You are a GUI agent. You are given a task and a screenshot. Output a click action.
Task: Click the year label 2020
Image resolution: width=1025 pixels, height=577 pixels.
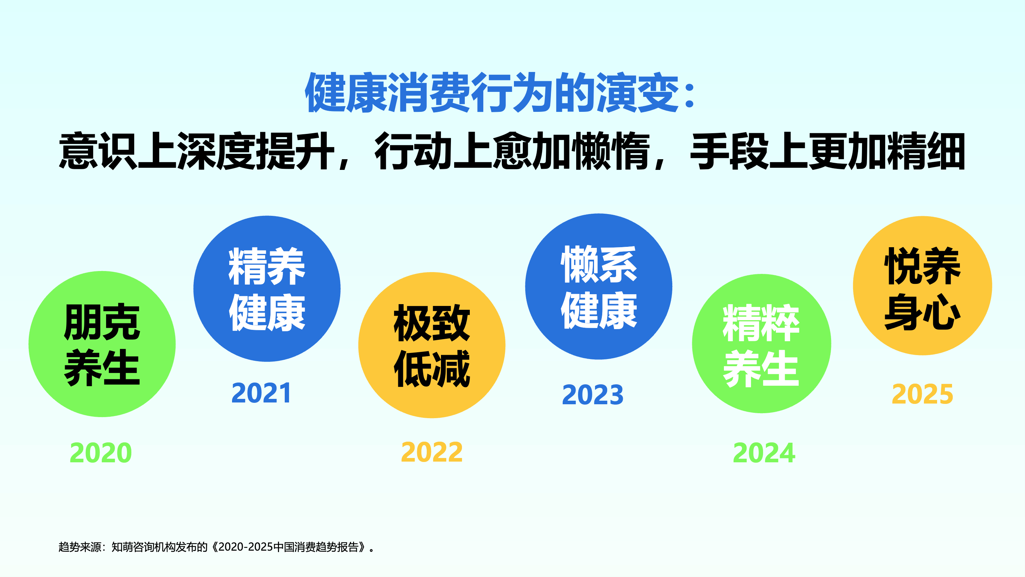(101, 453)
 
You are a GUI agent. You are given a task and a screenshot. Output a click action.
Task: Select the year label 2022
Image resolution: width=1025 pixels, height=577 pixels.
(432, 452)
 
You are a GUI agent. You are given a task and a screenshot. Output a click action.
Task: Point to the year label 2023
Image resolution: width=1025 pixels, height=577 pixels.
(593, 395)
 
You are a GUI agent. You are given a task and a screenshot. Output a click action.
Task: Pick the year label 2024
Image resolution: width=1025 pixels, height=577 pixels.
(764, 453)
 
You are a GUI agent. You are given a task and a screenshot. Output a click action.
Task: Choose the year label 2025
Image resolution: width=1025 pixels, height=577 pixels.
(922, 394)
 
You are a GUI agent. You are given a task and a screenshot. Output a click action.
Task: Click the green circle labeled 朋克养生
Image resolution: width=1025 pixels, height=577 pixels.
(102, 344)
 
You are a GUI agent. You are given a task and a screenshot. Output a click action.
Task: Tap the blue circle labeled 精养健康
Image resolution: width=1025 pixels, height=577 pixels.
(267, 289)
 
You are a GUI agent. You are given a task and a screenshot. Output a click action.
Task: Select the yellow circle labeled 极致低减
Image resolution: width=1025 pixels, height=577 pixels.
(432, 345)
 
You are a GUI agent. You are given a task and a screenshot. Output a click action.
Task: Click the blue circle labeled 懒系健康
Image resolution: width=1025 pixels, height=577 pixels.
(599, 287)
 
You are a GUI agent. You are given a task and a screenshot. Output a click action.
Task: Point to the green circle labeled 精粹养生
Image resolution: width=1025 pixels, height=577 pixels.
(762, 344)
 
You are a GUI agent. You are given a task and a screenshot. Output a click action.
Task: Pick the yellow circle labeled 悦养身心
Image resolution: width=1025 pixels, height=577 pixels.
(922, 286)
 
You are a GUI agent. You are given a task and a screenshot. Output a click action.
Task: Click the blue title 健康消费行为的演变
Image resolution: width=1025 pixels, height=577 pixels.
(492, 92)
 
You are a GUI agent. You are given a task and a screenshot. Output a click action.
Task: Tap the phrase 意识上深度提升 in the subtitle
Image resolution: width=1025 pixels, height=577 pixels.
(197, 151)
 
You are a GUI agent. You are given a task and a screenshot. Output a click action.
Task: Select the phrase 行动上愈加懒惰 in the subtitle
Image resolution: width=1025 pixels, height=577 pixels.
(512, 151)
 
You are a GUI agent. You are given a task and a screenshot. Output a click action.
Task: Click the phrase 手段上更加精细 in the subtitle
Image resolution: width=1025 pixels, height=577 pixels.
(827, 151)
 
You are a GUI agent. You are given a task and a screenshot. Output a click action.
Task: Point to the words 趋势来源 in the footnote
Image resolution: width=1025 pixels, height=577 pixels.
(80, 547)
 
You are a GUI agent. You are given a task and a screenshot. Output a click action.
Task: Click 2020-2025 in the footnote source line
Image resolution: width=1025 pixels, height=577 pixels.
(246, 547)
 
